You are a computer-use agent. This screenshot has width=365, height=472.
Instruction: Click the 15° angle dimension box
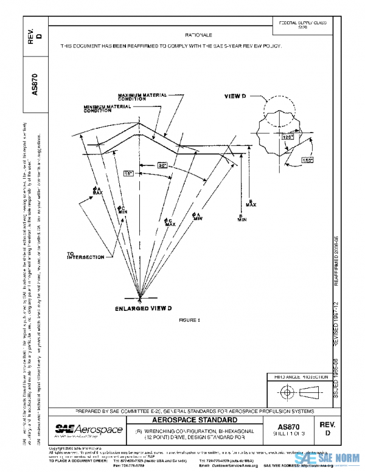point(128,173)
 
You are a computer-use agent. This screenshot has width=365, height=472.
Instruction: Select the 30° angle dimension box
point(162,165)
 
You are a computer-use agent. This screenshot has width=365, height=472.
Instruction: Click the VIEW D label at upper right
point(235,96)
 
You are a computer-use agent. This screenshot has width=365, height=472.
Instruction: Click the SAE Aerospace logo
point(88,430)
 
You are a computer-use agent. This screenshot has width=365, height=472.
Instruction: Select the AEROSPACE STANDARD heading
point(198,420)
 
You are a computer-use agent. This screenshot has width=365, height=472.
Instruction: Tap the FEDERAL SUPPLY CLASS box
point(302,25)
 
